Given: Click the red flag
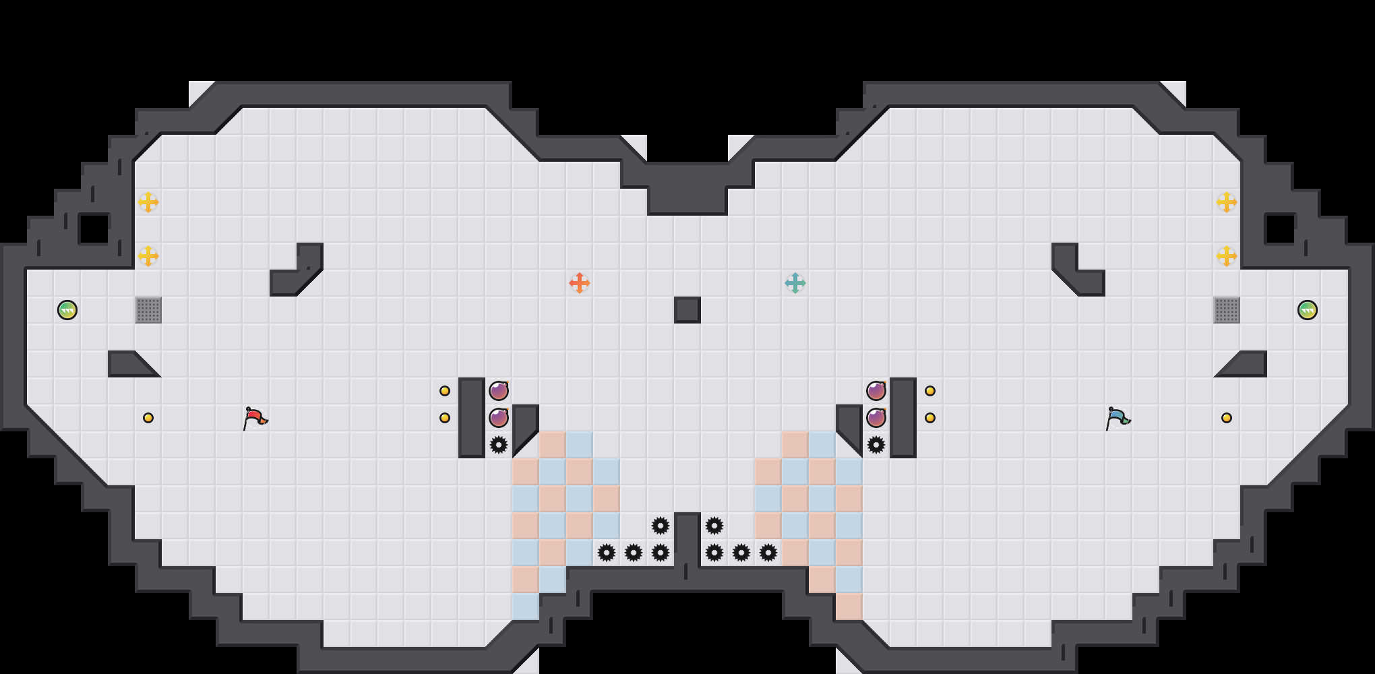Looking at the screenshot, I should [255, 418].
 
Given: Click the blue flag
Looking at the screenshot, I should [1118, 418].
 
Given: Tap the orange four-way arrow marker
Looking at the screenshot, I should [579, 283].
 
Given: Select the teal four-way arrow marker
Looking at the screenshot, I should [795, 283].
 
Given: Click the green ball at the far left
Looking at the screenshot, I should [67, 310].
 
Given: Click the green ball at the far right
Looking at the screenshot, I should [1307, 310].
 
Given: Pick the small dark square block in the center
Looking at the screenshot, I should [687, 310].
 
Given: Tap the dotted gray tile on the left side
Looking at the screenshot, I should [148, 310].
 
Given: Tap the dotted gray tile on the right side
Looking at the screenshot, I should [1227, 310].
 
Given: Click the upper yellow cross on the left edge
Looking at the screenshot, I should [148, 202].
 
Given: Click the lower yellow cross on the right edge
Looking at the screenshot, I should [1227, 256].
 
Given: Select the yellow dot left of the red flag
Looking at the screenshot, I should [148, 418].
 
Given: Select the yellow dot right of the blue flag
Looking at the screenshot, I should [1227, 418].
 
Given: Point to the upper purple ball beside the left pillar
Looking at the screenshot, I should [499, 391].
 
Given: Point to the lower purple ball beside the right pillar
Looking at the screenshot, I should [876, 418].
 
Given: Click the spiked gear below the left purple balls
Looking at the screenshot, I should [499, 445].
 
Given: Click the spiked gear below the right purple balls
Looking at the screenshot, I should [876, 445].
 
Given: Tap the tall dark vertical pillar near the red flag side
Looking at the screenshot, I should [472, 418].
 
